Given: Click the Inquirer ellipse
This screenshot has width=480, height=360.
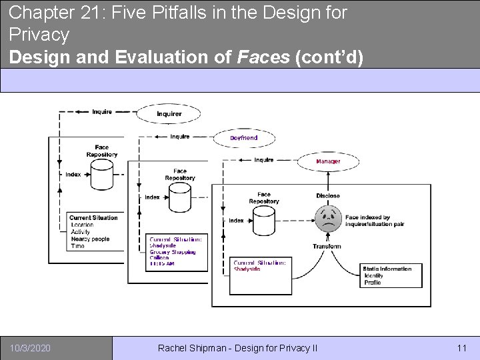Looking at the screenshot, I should click(169, 113).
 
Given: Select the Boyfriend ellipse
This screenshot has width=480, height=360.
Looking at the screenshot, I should click(244, 138).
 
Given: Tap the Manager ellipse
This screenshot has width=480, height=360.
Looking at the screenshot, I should click(328, 161).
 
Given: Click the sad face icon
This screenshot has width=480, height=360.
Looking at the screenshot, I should click(328, 219).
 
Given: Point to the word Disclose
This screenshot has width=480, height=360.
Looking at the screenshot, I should click(328, 196).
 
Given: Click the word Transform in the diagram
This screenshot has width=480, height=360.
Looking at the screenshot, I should click(327, 247).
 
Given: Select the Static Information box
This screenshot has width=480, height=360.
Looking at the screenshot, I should click(391, 275).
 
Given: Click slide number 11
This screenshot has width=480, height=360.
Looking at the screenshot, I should click(461, 348).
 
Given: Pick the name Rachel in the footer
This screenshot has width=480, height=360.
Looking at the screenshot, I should click(175, 348).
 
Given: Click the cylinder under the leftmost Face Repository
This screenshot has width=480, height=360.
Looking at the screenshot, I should click(102, 175).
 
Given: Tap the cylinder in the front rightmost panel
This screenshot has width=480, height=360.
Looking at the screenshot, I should click(264, 221).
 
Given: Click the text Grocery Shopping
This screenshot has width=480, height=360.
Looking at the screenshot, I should click(173, 252).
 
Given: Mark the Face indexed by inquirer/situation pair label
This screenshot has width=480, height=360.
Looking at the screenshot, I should click(376, 221).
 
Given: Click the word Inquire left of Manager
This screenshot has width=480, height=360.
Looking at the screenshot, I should click(264, 160).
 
